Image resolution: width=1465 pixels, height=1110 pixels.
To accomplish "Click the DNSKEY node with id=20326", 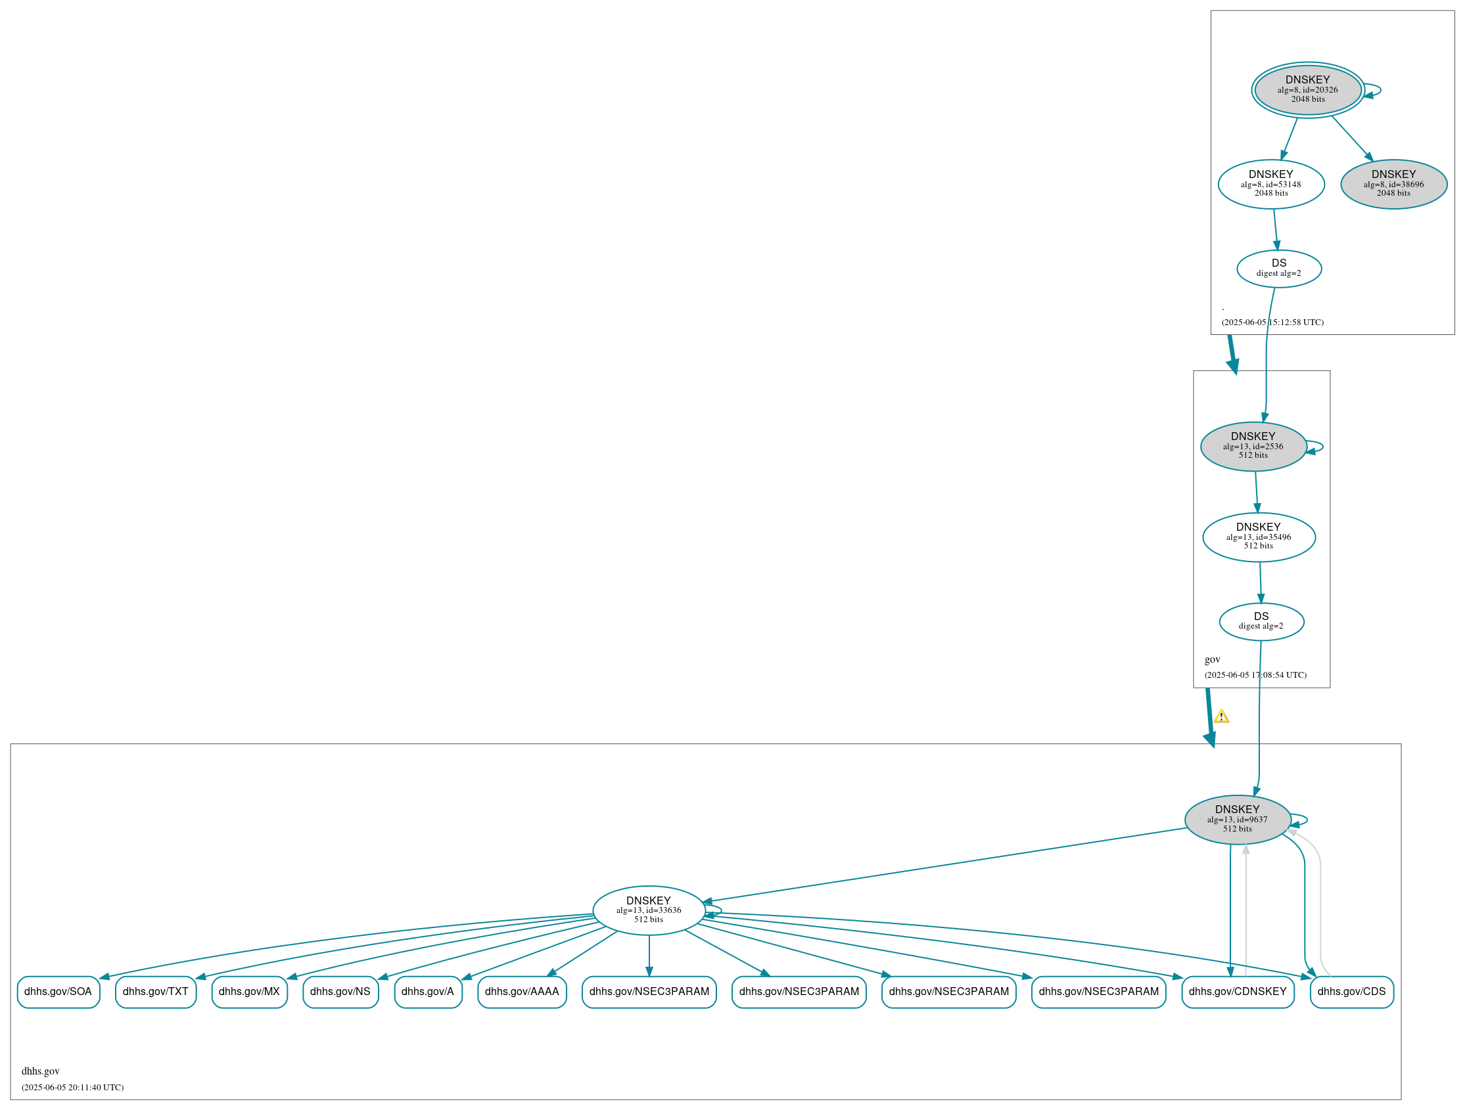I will click(1307, 90).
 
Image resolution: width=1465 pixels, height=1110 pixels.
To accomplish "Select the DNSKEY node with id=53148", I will click(1271, 184).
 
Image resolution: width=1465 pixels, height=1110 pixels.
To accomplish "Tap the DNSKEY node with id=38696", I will click(1393, 184).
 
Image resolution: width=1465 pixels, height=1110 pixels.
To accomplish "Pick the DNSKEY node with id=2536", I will click(1253, 446).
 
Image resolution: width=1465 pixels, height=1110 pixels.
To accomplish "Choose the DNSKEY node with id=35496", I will click(1259, 537).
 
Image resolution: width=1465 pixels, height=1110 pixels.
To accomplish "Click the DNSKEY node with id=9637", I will click(1237, 820).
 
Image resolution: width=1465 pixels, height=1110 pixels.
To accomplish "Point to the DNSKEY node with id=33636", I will click(649, 910).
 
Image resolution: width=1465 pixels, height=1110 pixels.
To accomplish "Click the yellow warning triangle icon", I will click(1221, 716).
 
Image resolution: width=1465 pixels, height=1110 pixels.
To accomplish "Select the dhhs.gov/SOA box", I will click(58, 992).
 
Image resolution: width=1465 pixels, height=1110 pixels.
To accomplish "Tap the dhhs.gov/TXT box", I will click(156, 992).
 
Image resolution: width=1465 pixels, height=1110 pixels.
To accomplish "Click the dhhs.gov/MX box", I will click(249, 992).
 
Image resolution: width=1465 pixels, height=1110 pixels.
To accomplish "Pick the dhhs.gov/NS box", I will click(340, 992).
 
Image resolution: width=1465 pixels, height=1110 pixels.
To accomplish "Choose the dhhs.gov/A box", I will click(428, 992).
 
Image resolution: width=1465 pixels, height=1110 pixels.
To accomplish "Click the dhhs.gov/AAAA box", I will click(522, 992).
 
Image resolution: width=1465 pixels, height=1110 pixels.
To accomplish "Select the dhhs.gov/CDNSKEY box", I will click(1237, 992).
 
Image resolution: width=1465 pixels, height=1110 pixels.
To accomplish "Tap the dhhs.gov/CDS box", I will click(1352, 992).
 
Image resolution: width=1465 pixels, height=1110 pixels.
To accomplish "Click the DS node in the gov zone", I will click(1261, 621).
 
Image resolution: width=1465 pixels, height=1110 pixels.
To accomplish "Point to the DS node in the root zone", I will click(1279, 268).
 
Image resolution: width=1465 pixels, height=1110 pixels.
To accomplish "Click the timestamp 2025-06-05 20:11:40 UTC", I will click(73, 1087).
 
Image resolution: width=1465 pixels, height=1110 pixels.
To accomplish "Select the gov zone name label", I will click(1212, 659).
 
